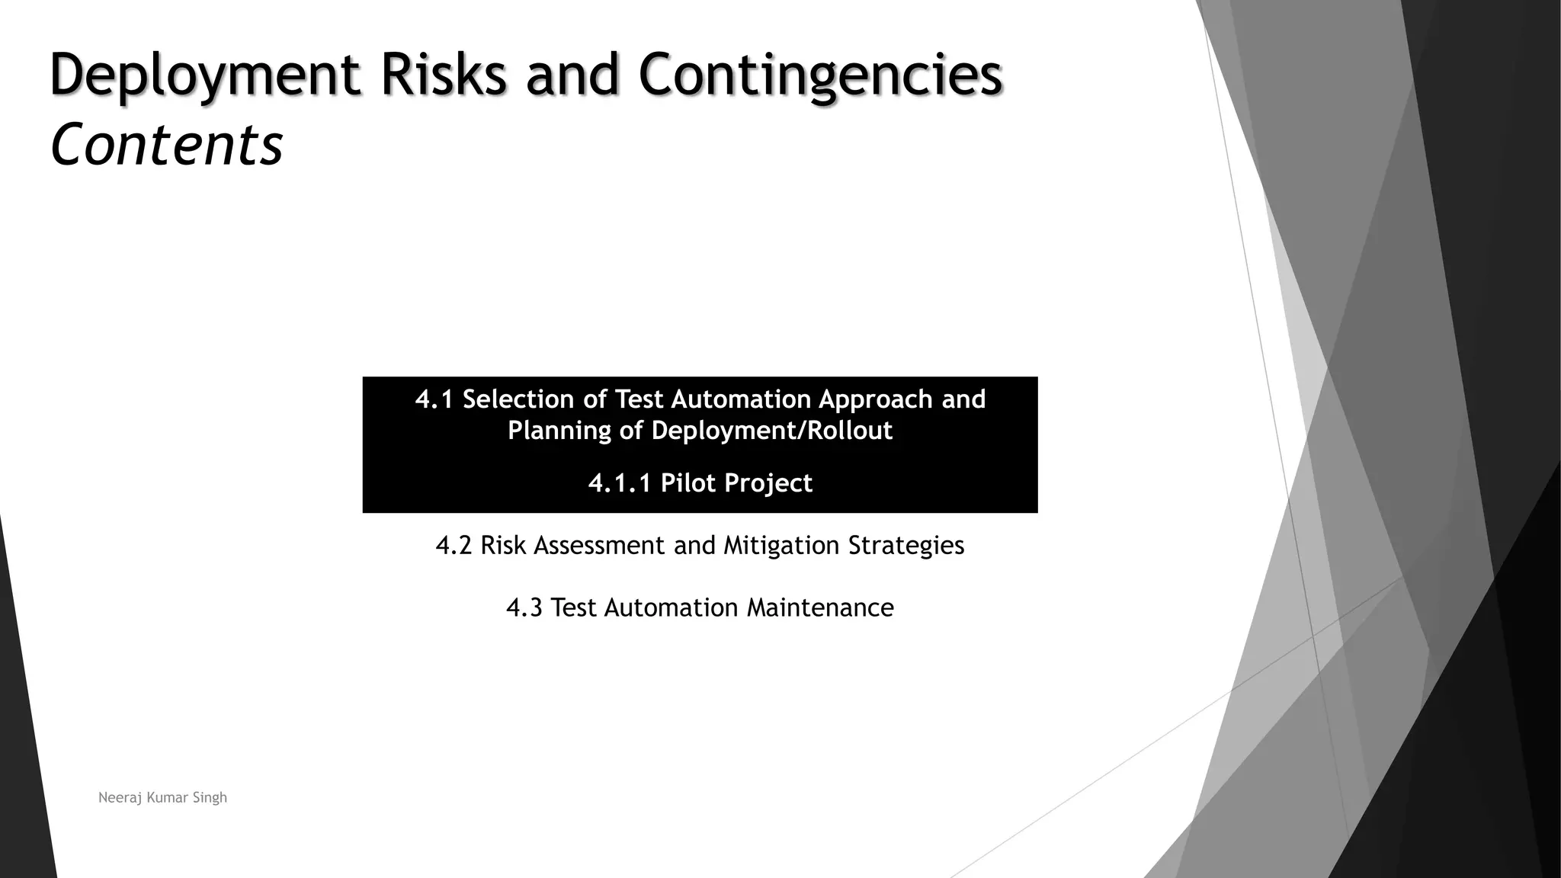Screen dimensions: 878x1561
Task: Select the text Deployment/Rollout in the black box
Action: pos(771,431)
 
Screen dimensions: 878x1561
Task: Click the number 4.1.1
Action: pos(620,483)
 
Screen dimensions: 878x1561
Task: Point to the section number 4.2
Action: pos(454,546)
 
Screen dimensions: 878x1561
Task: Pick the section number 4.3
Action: pos(524,608)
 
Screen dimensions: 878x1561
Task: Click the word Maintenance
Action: pos(820,608)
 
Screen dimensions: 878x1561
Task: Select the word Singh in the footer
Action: pos(210,798)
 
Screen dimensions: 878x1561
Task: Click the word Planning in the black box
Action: pos(559,431)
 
